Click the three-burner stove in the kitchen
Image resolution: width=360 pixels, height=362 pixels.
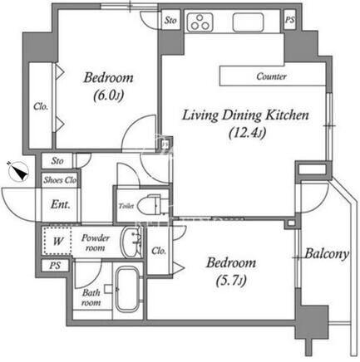coord(200,22)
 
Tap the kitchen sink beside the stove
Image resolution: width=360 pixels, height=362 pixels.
coord(248,22)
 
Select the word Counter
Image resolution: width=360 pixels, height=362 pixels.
coord(271,76)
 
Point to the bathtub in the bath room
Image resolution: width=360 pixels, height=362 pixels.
coord(127,289)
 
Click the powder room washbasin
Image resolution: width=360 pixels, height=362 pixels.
coord(131,242)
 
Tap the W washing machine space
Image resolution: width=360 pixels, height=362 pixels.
coord(57,241)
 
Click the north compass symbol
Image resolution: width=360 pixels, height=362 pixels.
coord(18,172)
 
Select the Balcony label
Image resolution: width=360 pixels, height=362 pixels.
coord(327,253)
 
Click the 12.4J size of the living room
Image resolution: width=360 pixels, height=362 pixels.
coord(247,134)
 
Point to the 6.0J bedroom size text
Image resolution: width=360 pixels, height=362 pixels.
coord(108,95)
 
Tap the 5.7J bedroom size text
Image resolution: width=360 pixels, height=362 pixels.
coord(231,281)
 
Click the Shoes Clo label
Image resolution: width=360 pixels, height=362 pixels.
coord(60,180)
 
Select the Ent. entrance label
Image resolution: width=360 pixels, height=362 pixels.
coord(61,205)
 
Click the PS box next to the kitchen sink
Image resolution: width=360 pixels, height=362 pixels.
coord(290,20)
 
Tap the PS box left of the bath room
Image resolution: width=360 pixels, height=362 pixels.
coord(55,266)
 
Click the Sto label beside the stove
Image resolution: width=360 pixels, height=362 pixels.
coord(170,20)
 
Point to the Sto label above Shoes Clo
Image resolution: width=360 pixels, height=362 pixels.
coord(57,161)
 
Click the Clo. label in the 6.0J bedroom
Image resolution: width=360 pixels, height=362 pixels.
coord(41,106)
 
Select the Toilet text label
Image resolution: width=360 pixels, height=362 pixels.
coord(126,206)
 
